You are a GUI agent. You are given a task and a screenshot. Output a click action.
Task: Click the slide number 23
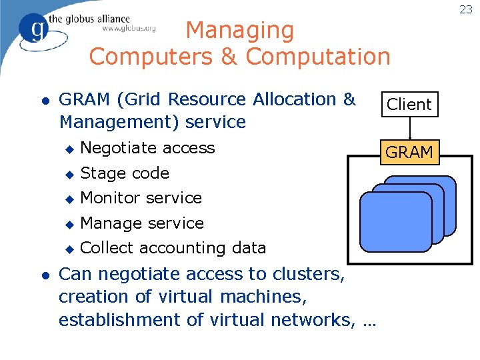[465, 9]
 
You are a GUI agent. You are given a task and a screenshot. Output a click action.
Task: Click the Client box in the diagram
[409, 104]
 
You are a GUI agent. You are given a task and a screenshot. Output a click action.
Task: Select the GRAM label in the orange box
[409, 152]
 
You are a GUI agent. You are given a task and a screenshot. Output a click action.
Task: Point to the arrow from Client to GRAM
[409, 127]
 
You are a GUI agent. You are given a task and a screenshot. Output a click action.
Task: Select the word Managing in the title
[239, 30]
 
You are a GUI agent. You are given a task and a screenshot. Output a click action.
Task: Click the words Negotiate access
[147, 147]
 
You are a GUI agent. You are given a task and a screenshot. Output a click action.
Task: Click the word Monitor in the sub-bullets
[110, 198]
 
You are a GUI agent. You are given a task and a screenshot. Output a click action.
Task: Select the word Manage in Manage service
[109, 223]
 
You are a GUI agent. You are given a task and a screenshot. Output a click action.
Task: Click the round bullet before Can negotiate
[45, 274]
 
